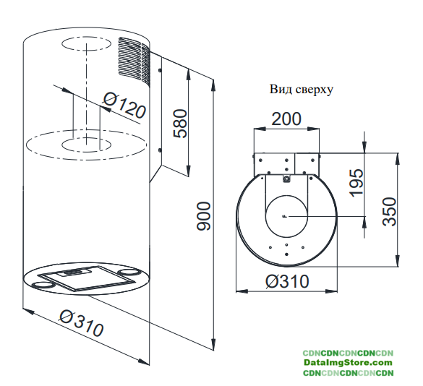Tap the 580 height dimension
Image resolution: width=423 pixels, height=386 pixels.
click(180, 124)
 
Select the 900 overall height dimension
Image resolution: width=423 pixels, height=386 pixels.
click(204, 216)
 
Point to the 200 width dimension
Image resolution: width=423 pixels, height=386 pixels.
click(286, 119)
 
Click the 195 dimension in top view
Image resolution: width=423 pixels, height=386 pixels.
click(356, 183)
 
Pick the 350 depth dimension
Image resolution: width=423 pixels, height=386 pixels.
click(390, 212)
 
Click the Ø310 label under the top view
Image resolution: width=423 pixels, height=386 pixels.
click(287, 281)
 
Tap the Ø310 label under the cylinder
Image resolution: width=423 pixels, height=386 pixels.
click(81, 323)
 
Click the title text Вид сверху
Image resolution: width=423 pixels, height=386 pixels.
click(301, 90)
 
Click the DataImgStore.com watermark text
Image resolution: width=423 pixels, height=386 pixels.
click(348, 362)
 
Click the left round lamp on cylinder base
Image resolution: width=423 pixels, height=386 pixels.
click(42, 285)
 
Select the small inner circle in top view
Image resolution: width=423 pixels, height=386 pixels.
click(286, 216)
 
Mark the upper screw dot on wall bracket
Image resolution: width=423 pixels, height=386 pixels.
click(160, 70)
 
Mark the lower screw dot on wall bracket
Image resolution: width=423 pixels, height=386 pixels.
click(160, 150)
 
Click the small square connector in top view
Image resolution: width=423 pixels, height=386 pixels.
click(286, 179)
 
